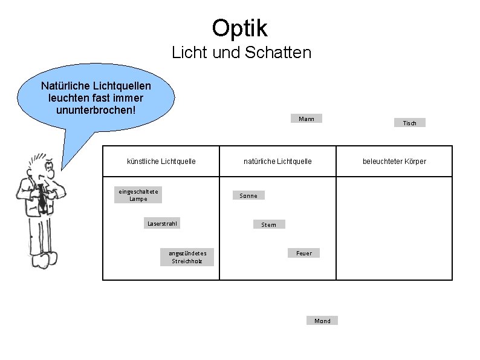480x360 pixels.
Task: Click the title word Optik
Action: click(239, 27)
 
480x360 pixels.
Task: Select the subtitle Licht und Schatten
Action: click(241, 53)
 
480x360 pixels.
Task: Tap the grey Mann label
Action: click(306, 119)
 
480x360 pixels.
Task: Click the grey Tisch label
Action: click(409, 123)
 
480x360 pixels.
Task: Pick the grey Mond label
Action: click(322, 321)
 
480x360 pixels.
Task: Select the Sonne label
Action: click(248, 195)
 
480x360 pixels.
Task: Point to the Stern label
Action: click(268, 224)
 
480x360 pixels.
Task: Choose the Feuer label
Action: click(304, 253)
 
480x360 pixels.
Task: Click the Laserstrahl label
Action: click(163, 224)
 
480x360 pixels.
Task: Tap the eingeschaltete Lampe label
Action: click(138, 195)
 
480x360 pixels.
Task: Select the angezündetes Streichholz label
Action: click(187, 257)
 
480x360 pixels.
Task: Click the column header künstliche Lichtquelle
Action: click(161, 161)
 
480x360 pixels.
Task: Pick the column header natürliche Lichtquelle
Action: click(277, 161)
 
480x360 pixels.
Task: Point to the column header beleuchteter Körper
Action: click(394, 161)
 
